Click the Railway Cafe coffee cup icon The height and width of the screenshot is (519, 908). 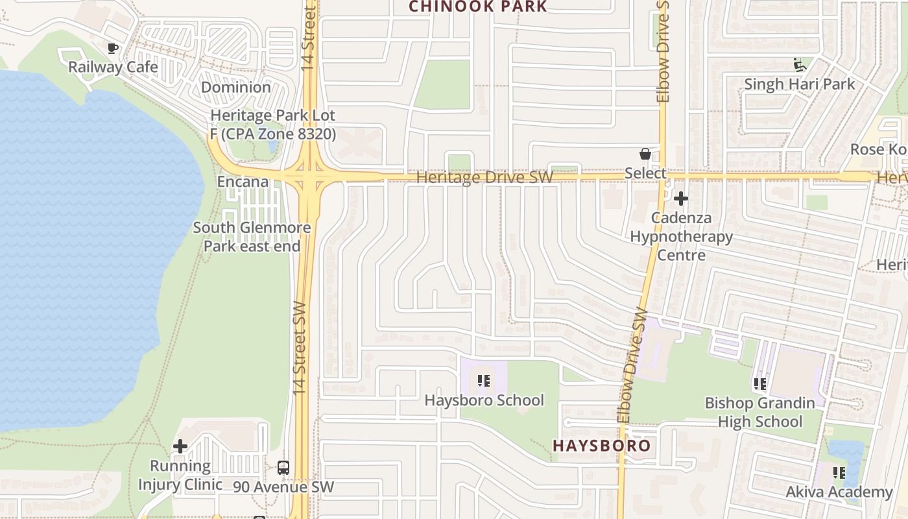coord(113,48)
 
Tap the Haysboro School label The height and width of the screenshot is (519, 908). coord(484,400)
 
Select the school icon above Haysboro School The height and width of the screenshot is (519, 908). coord(484,381)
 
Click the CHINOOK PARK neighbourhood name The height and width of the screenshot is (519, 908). coord(478,6)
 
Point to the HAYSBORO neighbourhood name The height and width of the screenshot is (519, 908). coord(601,446)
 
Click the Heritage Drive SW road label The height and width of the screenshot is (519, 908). coord(484,177)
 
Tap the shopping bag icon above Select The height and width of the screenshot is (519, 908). coord(645,154)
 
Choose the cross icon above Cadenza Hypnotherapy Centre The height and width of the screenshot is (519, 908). coord(681,199)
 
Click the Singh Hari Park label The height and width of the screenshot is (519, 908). coord(799,84)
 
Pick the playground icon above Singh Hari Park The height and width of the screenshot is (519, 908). coord(800,65)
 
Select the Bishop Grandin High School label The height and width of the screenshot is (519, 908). coord(759,413)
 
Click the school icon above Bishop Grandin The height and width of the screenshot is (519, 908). coord(760,384)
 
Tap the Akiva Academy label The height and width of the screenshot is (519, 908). coord(839,492)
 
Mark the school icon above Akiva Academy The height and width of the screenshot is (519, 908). coord(840,473)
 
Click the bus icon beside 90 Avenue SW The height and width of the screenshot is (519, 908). coord(283,468)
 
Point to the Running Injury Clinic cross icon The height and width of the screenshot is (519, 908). coord(180,446)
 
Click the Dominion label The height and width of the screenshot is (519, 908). coord(236,87)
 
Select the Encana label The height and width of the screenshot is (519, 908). coord(243,182)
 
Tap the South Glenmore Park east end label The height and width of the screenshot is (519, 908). coord(252,237)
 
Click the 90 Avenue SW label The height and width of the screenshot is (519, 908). coord(283,487)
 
